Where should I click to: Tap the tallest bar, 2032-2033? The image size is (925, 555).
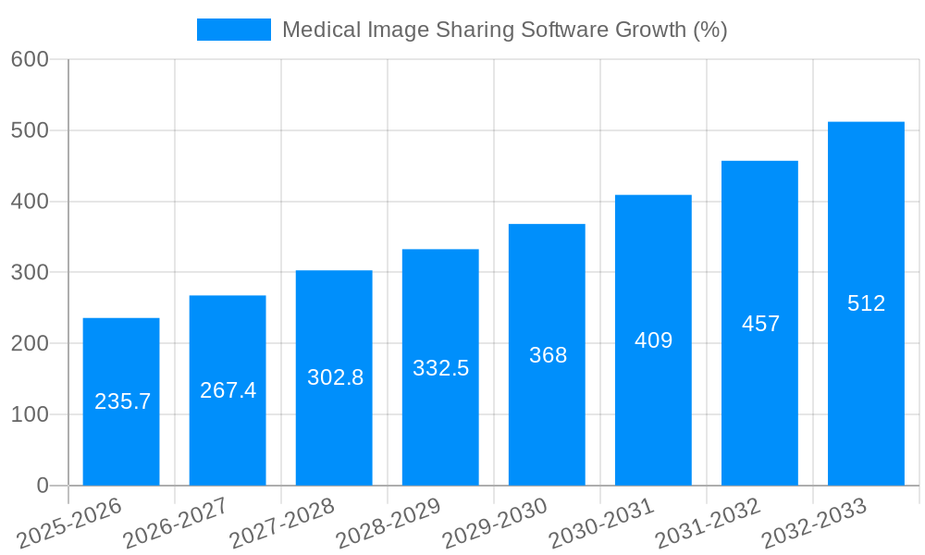[x=866, y=388]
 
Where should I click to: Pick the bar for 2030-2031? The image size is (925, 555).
[x=653, y=416]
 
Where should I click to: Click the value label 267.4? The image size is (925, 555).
[x=228, y=390]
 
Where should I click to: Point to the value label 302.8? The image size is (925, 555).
[x=335, y=377]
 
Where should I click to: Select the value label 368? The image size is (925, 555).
[x=548, y=355]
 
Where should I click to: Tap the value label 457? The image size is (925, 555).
[x=760, y=324]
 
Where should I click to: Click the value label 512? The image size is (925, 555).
[x=866, y=303]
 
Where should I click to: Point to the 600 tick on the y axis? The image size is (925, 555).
[x=30, y=59]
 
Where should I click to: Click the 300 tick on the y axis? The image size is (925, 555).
[x=30, y=272]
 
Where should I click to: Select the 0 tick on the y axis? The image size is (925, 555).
[x=43, y=486]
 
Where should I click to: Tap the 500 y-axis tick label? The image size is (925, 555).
[x=30, y=130]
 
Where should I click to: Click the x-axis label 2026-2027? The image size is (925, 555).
[x=176, y=523]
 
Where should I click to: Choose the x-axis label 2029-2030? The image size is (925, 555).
[x=495, y=523]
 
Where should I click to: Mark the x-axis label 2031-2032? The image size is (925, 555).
[x=708, y=523]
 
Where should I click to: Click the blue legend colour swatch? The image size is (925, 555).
[x=233, y=30]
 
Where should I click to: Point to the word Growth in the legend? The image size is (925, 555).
[x=651, y=30]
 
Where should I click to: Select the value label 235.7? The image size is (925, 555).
[x=122, y=401]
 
